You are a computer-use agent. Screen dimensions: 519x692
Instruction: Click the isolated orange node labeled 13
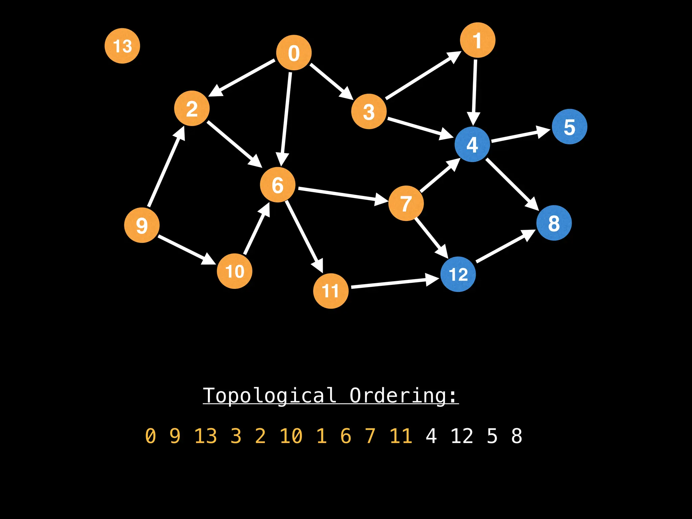(x=122, y=46)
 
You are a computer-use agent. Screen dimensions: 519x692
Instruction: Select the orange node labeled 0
(x=294, y=53)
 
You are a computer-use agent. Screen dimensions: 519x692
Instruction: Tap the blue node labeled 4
(x=472, y=144)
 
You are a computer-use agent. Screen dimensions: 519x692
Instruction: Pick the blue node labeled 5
(x=569, y=127)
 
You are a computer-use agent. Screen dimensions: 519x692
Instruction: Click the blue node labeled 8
(x=554, y=223)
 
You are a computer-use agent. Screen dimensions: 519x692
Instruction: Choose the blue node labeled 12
(x=458, y=274)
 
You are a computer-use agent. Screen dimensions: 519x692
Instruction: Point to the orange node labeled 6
(x=277, y=185)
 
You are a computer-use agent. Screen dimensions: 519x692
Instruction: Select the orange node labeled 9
(x=142, y=225)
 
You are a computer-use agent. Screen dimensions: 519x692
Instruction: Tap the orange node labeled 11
(x=330, y=291)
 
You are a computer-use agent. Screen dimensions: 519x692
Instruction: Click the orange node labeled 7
(x=406, y=203)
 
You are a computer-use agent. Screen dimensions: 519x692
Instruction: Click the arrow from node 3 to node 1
(x=422, y=76)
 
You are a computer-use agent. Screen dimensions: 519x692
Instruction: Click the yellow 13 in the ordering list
(x=205, y=436)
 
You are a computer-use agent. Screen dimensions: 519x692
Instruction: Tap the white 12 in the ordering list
(x=462, y=436)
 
